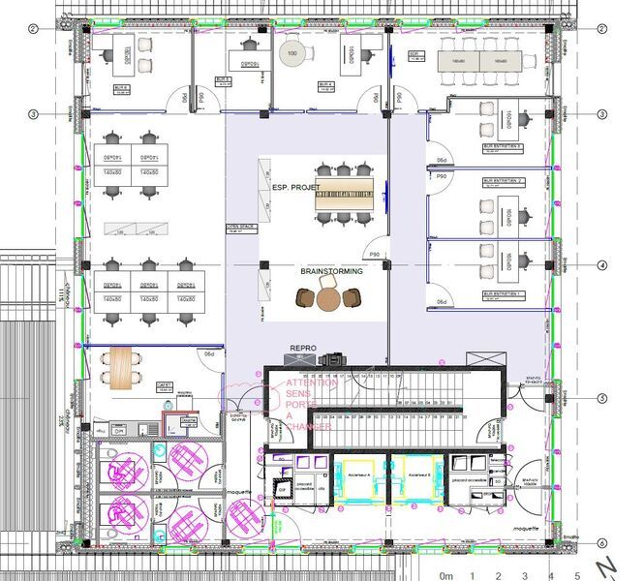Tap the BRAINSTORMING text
click(x=331, y=271)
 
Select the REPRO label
click(x=305, y=346)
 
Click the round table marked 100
click(x=292, y=53)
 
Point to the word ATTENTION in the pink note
click(x=312, y=383)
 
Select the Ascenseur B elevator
click(x=419, y=475)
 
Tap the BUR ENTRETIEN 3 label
click(x=503, y=147)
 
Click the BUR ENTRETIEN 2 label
click(x=503, y=181)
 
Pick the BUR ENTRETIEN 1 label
click(x=503, y=293)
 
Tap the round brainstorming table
click(x=330, y=299)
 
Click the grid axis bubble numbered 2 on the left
click(x=32, y=29)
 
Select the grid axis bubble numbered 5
click(x=602, y=398)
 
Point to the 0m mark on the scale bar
click(x=446, y=573)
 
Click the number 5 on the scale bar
click(x=576, y=573)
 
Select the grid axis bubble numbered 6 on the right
click(x=602, y=542)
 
